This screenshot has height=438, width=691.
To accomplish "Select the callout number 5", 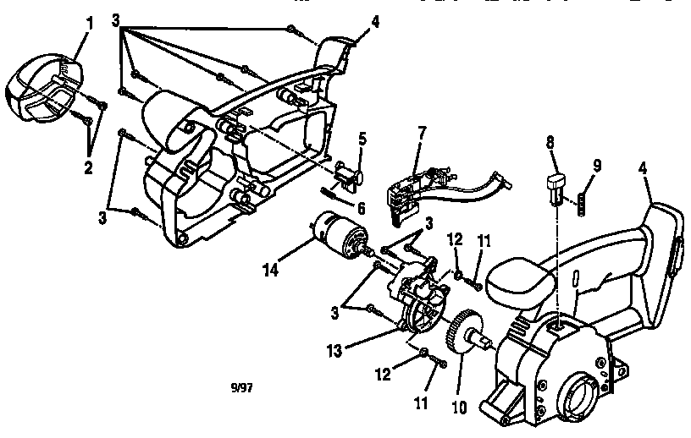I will point(362,137).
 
